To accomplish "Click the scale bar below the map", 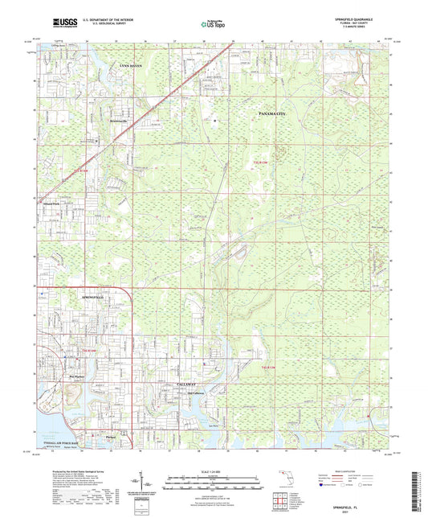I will tap(213, 478).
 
